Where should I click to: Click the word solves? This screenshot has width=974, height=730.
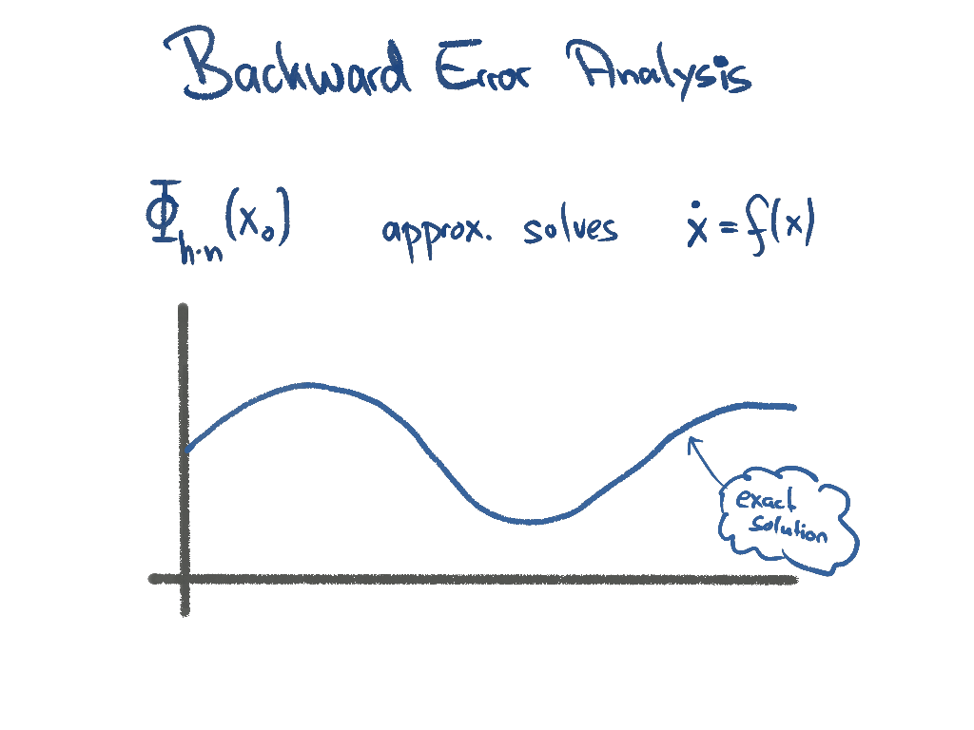(570, 229)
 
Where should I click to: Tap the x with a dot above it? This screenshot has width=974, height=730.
(697, 231)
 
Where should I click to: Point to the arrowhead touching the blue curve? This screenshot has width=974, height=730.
(692, 439)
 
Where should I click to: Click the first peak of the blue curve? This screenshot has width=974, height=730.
(306, 385)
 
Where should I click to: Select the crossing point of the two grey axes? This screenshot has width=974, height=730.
(184, 578)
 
